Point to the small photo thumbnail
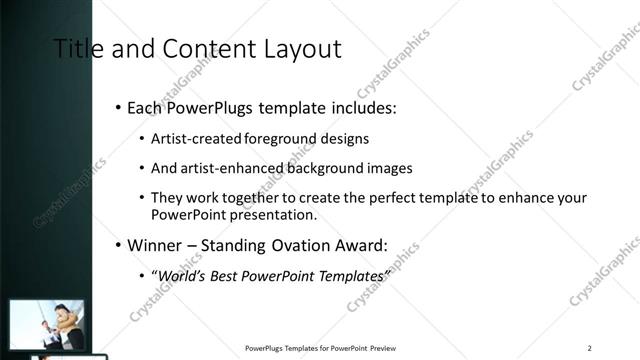[x=45, y=326]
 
